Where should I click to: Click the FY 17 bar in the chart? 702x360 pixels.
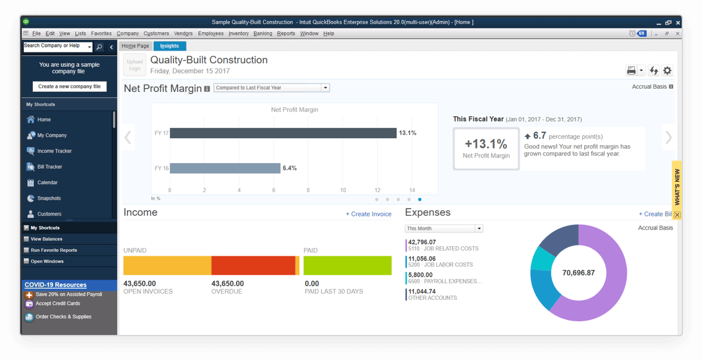(283, 133)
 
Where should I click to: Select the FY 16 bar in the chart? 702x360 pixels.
(225, 168)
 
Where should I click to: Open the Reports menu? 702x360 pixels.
(286, 34)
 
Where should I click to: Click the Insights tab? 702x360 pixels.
(170, 46)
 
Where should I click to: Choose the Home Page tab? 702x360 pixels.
(135, 46)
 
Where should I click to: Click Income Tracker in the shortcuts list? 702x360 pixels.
(54, 151)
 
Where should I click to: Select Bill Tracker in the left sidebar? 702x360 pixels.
(49, 167)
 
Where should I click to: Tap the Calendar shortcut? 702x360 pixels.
(48, 182)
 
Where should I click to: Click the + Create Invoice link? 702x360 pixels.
(369, 214)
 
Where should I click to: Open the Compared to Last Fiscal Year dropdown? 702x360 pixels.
(272, 88)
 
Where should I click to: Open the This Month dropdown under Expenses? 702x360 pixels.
(444, 228)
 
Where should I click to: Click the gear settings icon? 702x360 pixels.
(667, 70)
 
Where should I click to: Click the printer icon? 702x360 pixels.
(631, 70)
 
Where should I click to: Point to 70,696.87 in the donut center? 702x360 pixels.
(579, 273)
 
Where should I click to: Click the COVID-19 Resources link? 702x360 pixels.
(55, 285)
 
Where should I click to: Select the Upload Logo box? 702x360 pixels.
(135, 65)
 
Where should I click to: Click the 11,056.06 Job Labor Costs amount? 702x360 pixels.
(422, 259)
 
